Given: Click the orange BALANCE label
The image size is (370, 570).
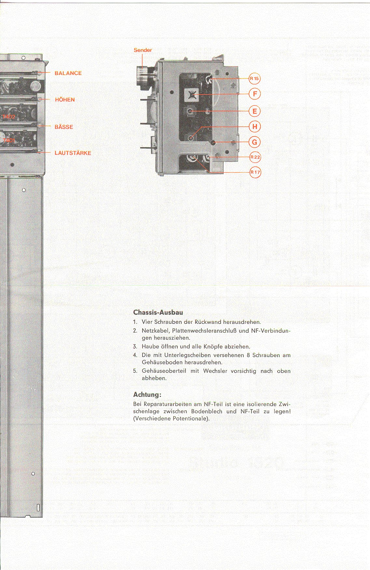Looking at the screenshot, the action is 68,73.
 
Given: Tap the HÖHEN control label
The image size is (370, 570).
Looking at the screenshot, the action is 65,100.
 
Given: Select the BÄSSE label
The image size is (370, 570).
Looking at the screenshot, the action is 64,127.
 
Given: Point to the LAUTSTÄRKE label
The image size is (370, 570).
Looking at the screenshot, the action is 73,153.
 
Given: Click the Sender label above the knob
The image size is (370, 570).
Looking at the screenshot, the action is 143,50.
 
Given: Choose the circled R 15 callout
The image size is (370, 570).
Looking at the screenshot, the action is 254,79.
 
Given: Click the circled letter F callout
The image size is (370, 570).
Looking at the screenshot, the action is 255,94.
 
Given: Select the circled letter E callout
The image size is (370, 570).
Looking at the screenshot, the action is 255,111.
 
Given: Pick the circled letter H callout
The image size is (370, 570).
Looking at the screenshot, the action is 255,126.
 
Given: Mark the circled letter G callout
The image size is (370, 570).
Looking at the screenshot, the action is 255,142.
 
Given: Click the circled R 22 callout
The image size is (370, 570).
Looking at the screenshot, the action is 255,157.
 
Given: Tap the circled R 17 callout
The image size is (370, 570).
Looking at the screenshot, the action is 255,172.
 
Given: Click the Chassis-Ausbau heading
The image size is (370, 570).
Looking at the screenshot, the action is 158,312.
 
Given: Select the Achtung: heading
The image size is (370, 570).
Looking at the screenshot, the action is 147,395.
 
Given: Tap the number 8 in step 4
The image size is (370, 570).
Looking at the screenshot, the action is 248,355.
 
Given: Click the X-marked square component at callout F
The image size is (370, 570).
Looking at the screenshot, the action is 191,95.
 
